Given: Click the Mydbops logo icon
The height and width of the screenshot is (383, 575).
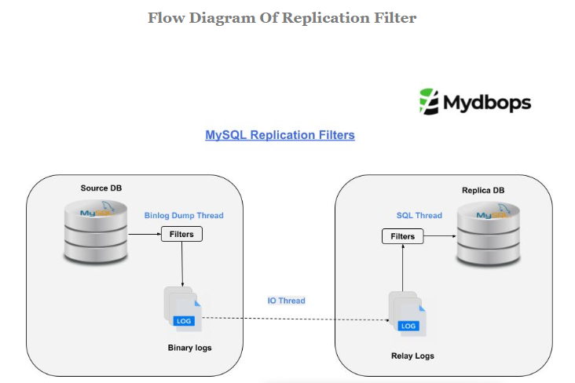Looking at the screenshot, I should (429, 102).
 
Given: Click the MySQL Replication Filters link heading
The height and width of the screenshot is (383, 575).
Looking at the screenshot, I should (280, 135).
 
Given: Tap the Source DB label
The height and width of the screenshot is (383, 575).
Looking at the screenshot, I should (101, 188).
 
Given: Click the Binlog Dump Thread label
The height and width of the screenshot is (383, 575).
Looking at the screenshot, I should (184, 215).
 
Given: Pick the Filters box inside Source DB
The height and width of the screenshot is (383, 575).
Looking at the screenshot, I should (181, 234).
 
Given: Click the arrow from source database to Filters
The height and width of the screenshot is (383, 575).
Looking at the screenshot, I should (144, 234).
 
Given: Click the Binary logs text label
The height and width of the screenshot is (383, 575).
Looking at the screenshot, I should (189, 347).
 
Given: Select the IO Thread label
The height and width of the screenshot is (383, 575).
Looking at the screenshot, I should (286, 301).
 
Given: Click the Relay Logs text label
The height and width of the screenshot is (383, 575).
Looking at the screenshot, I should (412, 356).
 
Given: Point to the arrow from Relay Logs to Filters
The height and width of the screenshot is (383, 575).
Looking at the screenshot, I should (403, 268).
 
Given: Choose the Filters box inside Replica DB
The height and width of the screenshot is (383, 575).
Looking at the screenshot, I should (403, 235).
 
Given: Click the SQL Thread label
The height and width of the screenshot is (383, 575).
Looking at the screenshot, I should (419, 215).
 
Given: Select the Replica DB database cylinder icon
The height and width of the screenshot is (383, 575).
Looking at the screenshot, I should (489, 233).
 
